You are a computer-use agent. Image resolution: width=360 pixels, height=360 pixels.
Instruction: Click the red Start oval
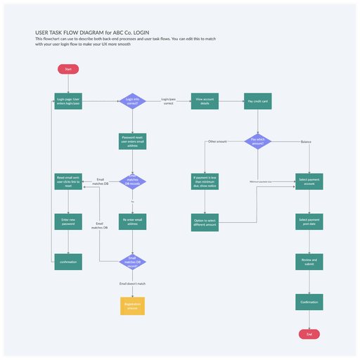68,69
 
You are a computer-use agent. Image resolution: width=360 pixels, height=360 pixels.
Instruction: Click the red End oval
309,333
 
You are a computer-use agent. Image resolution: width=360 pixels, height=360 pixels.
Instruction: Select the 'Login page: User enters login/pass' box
68,101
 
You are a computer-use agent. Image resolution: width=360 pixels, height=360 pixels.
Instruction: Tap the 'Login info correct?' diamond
132,101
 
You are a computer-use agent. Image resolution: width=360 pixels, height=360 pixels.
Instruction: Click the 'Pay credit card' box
258,101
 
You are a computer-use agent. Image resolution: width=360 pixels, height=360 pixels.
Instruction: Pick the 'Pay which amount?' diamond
258,141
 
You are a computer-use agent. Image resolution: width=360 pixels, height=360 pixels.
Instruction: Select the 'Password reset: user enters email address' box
132,141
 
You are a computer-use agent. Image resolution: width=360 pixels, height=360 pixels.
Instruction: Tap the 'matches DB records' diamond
132,181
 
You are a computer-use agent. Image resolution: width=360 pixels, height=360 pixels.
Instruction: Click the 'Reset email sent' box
68,181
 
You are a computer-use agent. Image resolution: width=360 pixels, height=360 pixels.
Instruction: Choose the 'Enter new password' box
68,222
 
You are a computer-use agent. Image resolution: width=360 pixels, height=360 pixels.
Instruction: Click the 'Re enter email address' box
132,222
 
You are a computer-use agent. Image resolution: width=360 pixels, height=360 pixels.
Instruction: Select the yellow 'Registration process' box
132,306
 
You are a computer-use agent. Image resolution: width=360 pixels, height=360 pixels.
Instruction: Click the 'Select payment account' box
309,181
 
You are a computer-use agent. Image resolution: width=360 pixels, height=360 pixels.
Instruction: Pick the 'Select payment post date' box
309,222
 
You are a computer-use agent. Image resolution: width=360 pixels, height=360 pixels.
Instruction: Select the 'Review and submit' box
309,262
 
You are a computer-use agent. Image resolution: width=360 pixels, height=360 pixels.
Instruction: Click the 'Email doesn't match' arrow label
132,283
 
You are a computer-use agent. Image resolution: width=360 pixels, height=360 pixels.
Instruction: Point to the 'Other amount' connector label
217,141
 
